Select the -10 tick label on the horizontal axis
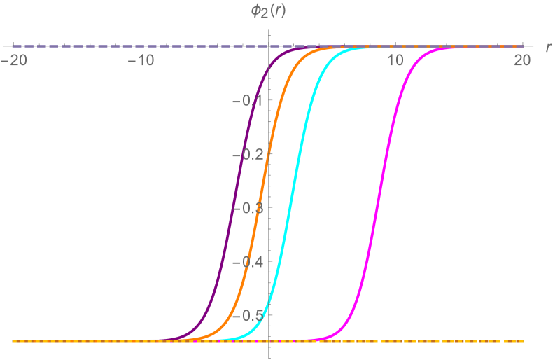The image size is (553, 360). click(141, 61)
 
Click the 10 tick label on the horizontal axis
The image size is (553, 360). click(395, 61)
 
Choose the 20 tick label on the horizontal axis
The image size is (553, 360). click(522, 61)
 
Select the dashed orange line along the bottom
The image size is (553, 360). click(420, 341)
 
